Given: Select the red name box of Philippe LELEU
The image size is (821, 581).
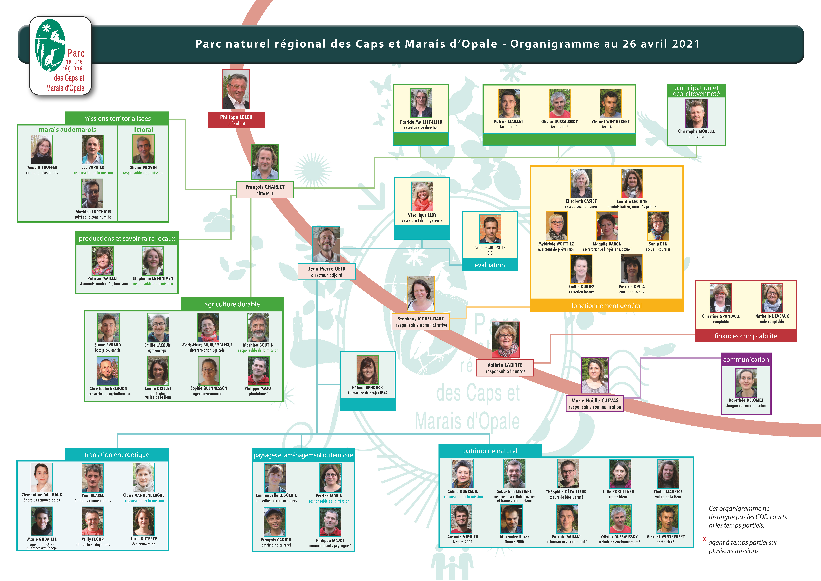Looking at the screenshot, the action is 236,120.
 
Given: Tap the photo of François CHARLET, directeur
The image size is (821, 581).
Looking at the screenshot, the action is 265,162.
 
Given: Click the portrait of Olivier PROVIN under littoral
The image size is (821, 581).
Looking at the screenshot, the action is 143,149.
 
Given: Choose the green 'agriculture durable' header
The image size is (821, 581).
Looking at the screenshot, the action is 232,304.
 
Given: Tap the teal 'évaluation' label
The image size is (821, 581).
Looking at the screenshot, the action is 490,265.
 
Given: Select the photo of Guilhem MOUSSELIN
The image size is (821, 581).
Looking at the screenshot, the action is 490,229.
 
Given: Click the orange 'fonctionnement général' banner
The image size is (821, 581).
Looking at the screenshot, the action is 606,306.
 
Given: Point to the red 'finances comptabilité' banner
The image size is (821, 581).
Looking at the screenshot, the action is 746,336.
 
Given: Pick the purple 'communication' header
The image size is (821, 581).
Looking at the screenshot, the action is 746,360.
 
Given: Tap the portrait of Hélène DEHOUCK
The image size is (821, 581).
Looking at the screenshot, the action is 368,370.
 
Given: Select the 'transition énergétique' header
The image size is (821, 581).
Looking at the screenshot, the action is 117,455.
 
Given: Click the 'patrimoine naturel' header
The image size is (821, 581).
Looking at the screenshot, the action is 490,451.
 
